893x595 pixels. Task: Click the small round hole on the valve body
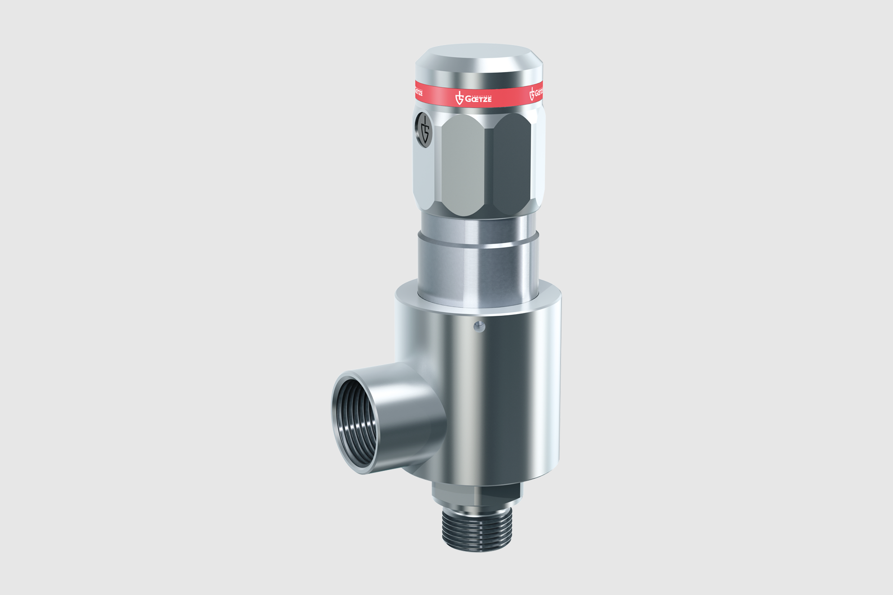(x=479, y=327)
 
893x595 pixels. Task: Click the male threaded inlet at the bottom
(x=477, y=530)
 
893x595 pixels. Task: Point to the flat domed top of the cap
(x=479, y=52)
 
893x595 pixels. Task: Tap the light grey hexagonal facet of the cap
(x=463, y=165)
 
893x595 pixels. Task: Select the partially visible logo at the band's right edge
(x=536, y=93)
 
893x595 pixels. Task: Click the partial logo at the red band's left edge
(x=419, y=91)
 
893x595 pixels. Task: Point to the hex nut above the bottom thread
(x=477, y=494)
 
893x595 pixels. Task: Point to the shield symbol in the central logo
(x=460, y=98)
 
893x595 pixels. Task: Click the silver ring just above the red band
(x=479, y=79)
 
